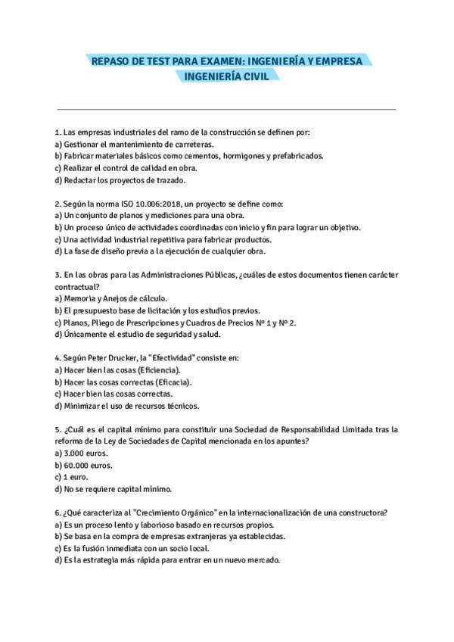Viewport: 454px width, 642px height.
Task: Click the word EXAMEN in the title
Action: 199,60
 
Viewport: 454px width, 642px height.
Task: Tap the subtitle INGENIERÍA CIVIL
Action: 226,76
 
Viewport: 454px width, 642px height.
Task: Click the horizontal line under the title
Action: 226,110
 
